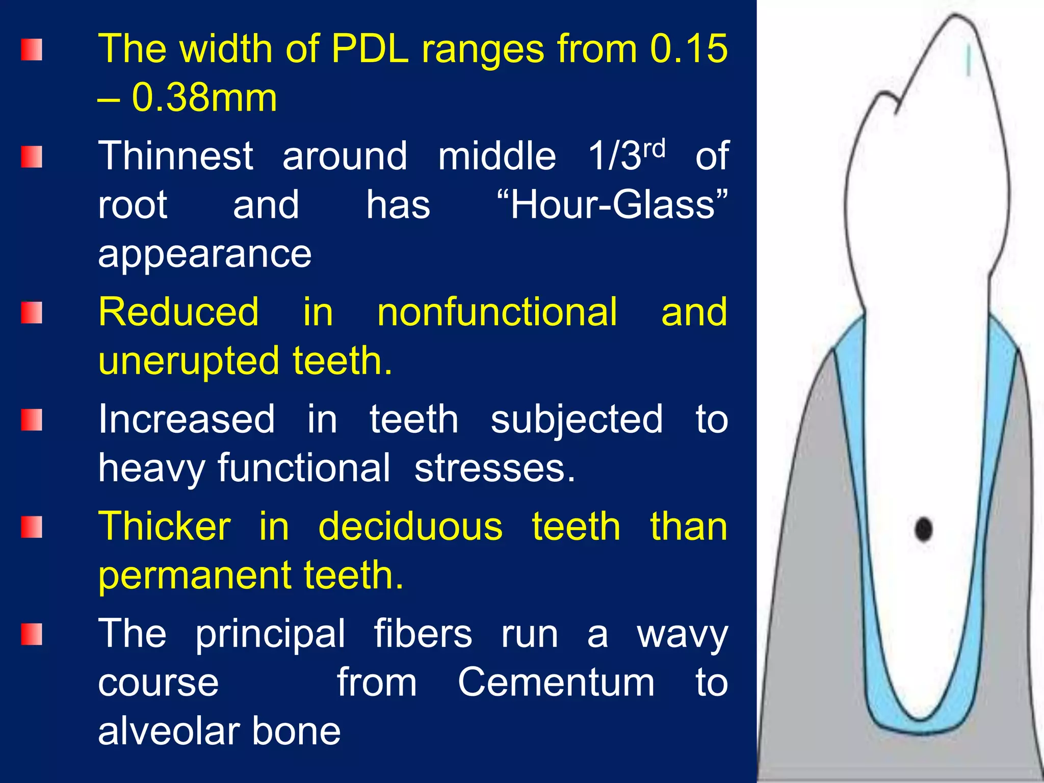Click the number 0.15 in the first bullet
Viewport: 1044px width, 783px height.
pos(689,48)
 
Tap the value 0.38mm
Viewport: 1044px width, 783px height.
pos(204,97)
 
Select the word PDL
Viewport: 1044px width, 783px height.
pos(370,48)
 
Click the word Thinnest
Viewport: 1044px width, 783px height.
pos(175,155)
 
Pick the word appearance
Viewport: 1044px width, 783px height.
pos(204,254)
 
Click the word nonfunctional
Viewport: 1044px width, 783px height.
pos(497,312)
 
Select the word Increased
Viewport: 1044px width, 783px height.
pos(187,419)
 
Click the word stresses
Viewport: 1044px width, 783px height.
pos(494,468)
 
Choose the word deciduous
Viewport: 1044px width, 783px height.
pos(410,526)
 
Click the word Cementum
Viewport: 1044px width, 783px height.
pos(556,682)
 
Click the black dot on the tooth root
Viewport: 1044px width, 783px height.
pos(924,529)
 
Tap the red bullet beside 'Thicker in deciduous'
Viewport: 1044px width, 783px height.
pos(32,527)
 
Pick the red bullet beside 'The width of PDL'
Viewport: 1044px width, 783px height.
pos(32,49)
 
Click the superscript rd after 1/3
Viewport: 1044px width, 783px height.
pos(654,148)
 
